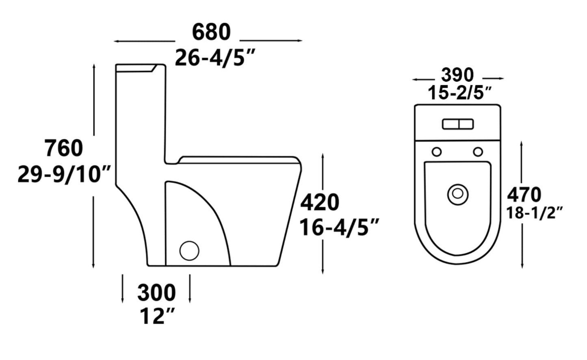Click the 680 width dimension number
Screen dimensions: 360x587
[x=211, y=32]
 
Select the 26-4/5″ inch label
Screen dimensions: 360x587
[x=215, y=58]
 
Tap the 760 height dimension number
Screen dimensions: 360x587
[x=64, y=148]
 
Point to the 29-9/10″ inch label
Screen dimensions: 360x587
[x=64, y=175]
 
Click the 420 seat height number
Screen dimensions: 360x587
[x=320, y=202]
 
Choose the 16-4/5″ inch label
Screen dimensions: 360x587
[x=339, y=228]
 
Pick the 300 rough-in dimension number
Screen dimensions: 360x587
[x=156, y=293]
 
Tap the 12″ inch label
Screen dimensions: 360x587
[x=157, y=316]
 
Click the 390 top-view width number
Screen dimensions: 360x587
[x=457, y=75]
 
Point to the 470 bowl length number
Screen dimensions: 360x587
[x=524, y=195]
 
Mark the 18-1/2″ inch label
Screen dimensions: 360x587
[x=535, y=213]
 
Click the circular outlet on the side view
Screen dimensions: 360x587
[x=189, y=250]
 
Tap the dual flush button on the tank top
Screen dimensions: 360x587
[x=458, y=124]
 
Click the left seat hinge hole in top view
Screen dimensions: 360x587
[x=437, y=152]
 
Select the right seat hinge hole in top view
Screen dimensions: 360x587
[x=478, y=152]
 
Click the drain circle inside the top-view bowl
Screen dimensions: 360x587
[x=458, y=194]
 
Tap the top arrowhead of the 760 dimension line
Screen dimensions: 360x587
[x=94, y=66]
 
